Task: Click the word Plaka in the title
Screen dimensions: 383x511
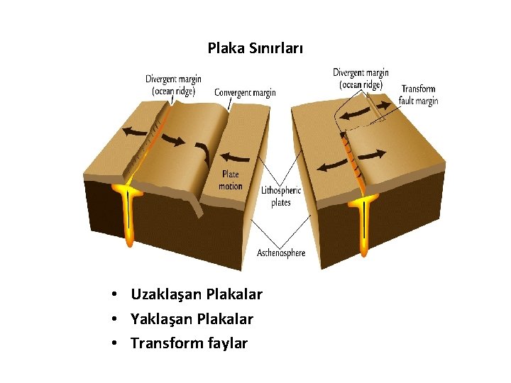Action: pyautogui.click(x=224, y=49)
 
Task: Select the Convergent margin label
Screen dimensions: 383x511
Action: pyautogui.click(x=245, y=93)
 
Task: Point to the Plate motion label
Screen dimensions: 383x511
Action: pyautogui.click(x=231, y=180)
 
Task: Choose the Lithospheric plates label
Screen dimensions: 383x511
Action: pyautogui.click(x=281, y=196)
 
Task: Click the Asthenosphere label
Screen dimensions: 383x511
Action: pyautogui.click(x=281, y=253)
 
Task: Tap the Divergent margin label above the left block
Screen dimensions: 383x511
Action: pyautogui.click(x=173, y=84)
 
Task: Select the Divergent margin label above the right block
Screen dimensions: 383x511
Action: pyautogui.click(x=361, y=79)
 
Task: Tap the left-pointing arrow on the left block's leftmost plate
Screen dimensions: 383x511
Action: pyautogui.click(x=136, y=131)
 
